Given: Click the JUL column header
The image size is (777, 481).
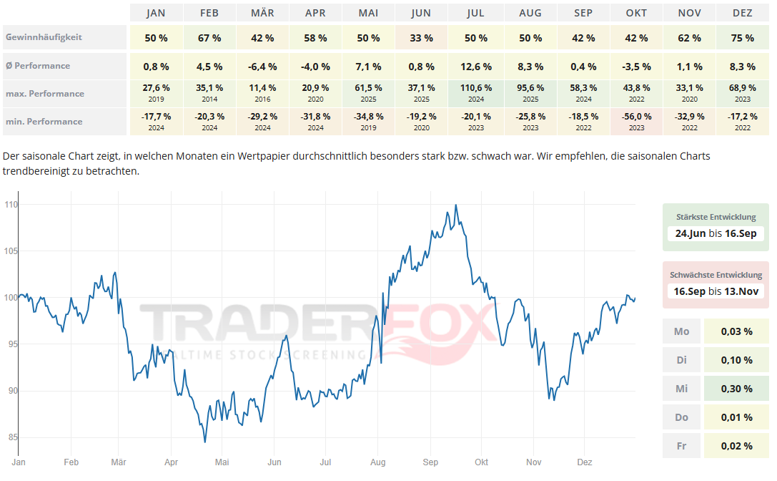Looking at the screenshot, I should [x=475, y=13].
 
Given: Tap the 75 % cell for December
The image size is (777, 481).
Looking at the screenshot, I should [x=743, y=38].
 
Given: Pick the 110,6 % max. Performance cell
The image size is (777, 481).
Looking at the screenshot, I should [x=475, y=93].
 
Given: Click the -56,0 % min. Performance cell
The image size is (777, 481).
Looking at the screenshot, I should [x=636, y=121].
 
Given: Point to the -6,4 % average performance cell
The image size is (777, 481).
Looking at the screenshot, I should [x=262, y=67].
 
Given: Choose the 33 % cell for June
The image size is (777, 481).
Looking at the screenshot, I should [x=422, y=38].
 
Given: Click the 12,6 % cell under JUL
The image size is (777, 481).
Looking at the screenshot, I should [x=475, y=67].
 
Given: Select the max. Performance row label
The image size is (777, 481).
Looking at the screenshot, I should [x=44, y=94].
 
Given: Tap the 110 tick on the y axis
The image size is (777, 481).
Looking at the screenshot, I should [x=10, y=205].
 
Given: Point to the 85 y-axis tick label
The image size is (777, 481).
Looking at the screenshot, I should [x=10, y=437].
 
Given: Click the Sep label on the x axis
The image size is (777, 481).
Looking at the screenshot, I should [x=430, y=462].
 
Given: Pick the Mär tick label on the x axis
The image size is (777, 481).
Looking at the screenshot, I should [x=119, y=462].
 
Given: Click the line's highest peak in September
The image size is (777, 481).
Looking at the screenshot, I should [x=456, y=205].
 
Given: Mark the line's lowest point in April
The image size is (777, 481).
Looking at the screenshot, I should [x=204, y=442].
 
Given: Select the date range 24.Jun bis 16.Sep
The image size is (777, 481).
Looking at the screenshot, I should [x=716, y=233].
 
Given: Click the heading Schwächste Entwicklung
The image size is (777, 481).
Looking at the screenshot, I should [x=716, y=275].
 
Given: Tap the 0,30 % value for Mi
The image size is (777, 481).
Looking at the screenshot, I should [x=737, y=389].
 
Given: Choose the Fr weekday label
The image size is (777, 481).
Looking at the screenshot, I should [x=682, y=445].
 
